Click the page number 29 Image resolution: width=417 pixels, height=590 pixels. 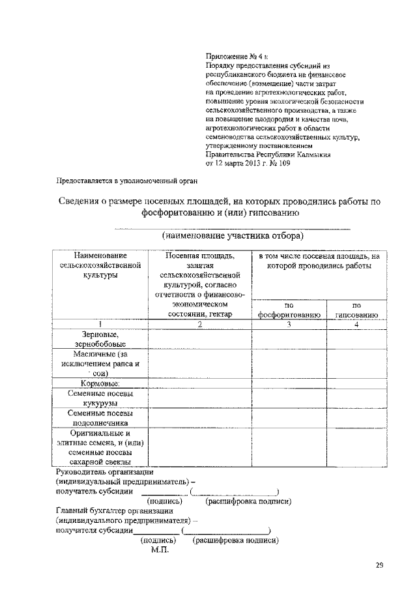tap(379, 565)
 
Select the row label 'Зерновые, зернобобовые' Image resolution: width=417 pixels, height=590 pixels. tap(100, 339)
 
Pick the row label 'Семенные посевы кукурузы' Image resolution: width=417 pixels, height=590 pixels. tap(100, 399)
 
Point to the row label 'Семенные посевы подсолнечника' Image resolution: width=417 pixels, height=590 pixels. tap(100, 417)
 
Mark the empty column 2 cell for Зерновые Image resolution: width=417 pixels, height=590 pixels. tap(200, 339)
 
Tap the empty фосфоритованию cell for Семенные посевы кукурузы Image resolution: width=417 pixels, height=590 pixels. tap(289, 399)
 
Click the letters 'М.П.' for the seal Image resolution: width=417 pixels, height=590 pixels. tap(160, 551)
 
